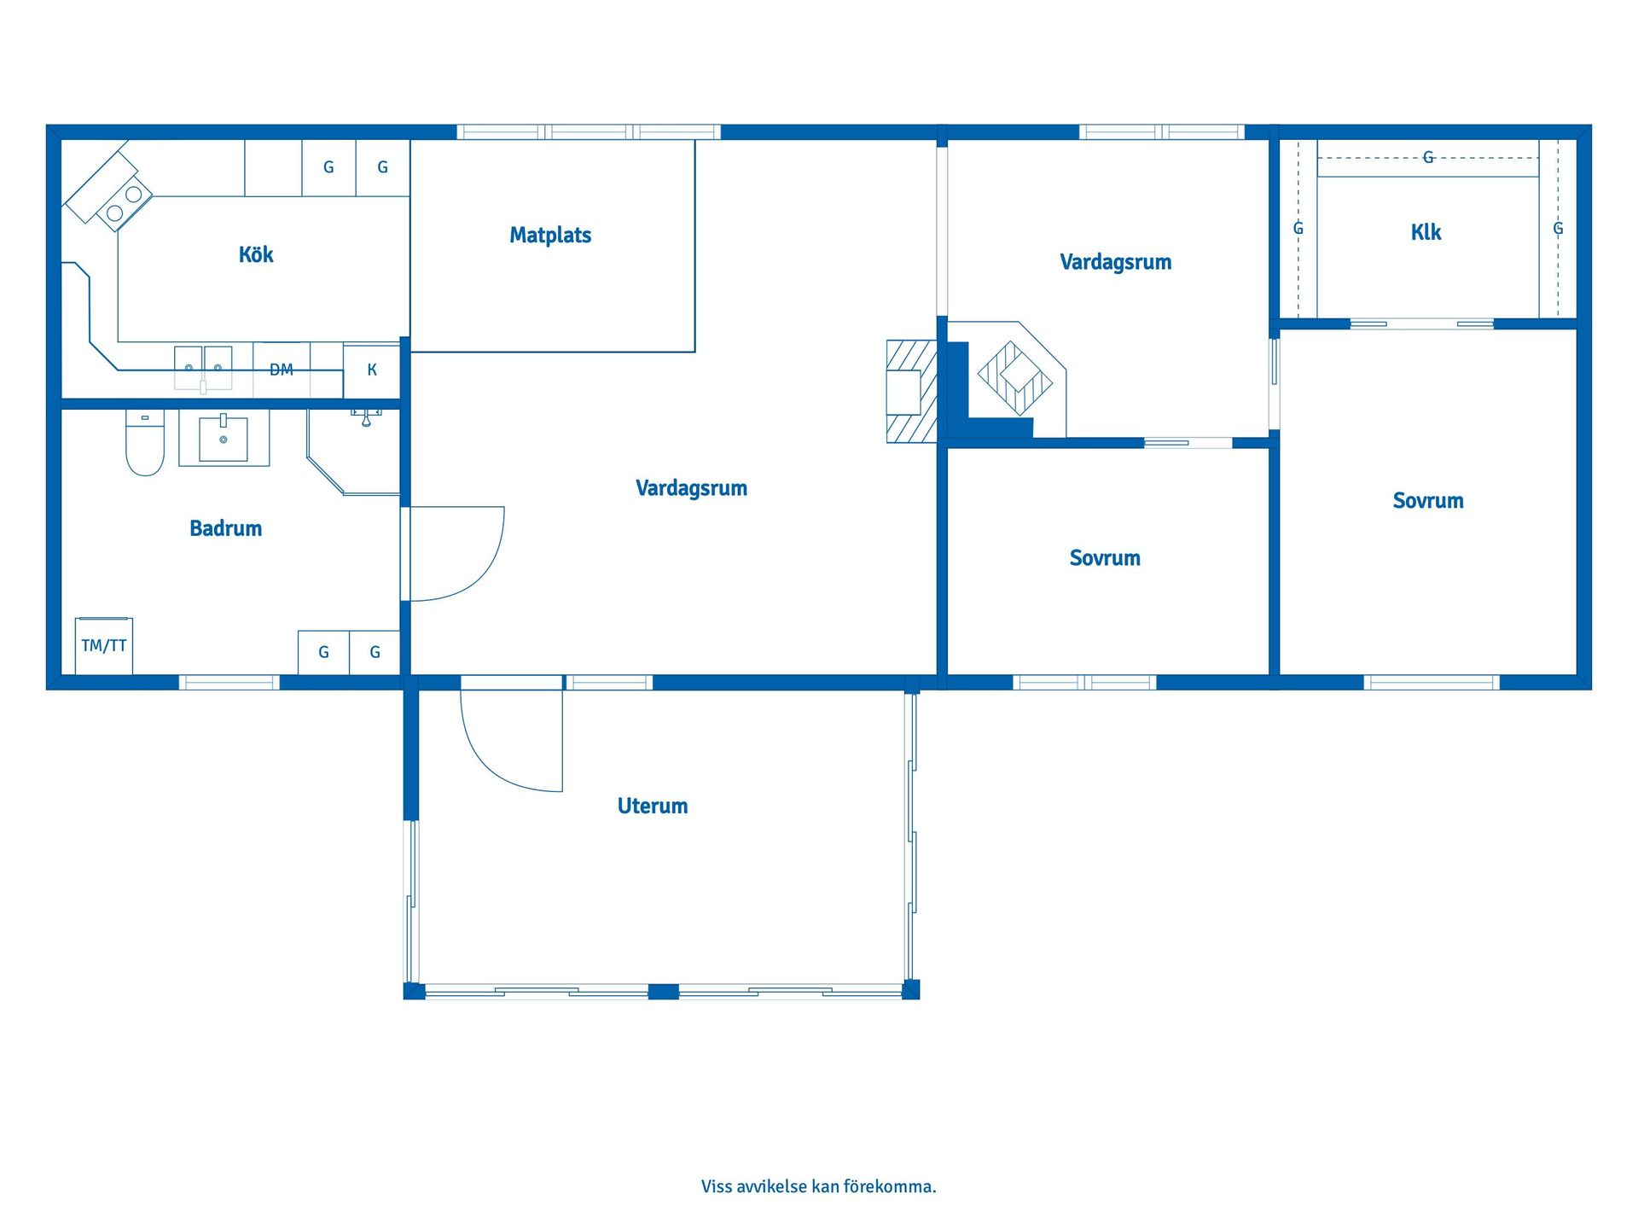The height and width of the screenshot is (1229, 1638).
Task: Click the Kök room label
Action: click(x=256, y=254)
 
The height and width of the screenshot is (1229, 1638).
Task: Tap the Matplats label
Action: click(x=550, y=235)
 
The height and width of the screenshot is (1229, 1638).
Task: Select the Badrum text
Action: click(x=225, y=528)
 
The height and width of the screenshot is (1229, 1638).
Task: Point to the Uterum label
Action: click(x=653, y=806)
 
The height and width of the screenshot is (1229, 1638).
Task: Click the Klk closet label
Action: click(x=1426, y=232)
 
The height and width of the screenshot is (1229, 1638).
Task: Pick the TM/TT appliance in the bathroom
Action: click(x=104, y=646)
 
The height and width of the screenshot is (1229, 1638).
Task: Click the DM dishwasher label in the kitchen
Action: click(x=282, y=370)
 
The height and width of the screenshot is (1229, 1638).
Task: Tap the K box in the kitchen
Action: click(x=372, y=370)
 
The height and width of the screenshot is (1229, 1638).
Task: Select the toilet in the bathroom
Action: click(x=145, y=442)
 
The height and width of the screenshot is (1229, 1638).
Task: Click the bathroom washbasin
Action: click(x=224, y=439)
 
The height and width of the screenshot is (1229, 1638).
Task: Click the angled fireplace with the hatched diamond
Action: click(x=1015, y=378)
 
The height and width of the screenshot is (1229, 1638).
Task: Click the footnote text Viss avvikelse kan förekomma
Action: click(x=819, y=1186)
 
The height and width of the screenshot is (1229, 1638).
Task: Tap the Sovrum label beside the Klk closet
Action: click(x=1428, y=501)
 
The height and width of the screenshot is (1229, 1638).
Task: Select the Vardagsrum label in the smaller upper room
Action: click(x=1116, y=262)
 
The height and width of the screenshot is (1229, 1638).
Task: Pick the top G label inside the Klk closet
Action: click(x=1428, y=157)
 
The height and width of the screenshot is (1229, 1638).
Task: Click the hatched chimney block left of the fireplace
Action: click(x=912, y=391)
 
